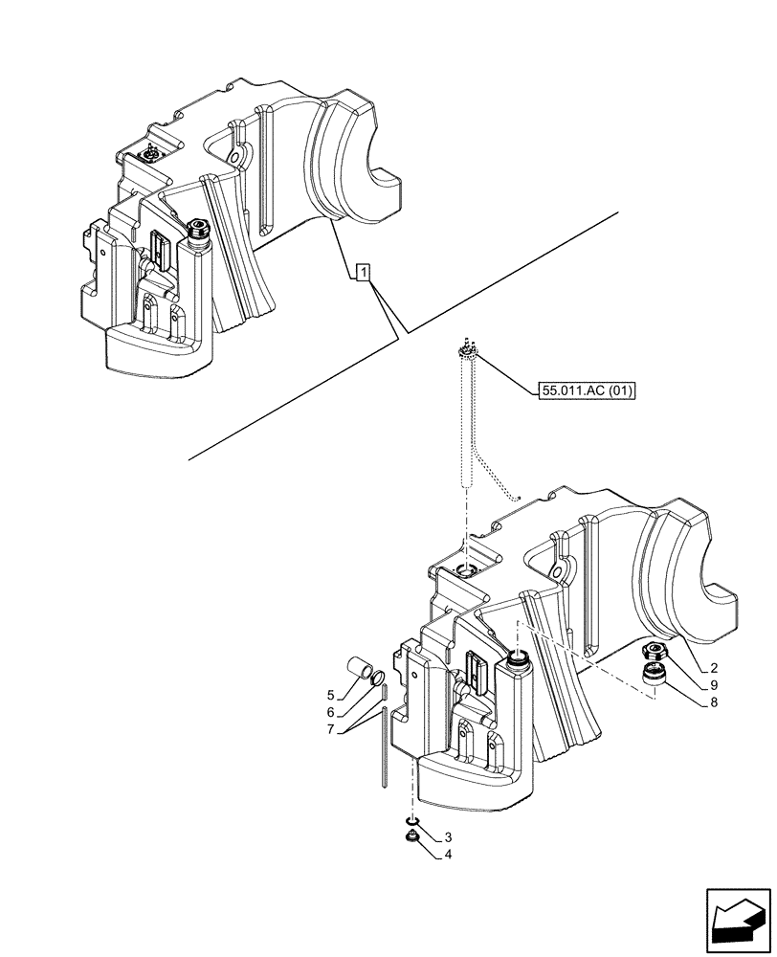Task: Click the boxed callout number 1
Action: (363, 273)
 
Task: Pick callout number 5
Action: (331, 695)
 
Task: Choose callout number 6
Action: (331, 713)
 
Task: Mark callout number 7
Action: (331, 731)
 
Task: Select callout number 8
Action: (714, 702)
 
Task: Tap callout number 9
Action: (714, 684)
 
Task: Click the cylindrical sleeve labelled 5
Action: (360, 669)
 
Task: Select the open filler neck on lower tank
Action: (521, 657)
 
